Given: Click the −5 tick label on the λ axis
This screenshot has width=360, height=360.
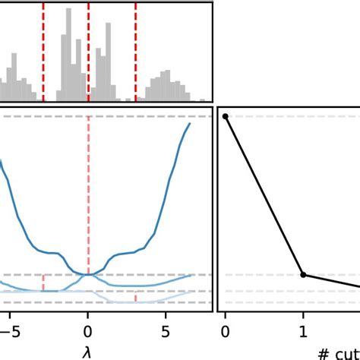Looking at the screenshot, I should [x=8, y=330].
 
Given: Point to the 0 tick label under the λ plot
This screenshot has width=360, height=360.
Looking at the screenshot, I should [x=88, y=330].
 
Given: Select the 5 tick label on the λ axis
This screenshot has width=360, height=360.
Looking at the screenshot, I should [x=166, y=330].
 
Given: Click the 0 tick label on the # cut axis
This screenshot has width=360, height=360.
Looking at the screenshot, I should [x=225, y=330].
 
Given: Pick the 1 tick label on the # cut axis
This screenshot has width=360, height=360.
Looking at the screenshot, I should [x=303, y=330].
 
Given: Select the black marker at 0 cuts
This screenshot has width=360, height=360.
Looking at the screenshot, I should [x=225, y=116].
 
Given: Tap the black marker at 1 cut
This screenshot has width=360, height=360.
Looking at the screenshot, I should [x=303, y=274].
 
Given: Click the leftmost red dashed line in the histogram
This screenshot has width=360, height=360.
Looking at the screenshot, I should [x=43, y=53].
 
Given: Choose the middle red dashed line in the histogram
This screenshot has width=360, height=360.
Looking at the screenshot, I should [x=89, y=53].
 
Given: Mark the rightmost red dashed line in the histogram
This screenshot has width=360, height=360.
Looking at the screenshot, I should [x=136, y=53].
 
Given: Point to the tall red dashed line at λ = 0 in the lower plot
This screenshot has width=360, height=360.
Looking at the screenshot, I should [x=89, y=190].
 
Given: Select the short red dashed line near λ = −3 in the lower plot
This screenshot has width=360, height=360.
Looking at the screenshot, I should [x=43, y=283].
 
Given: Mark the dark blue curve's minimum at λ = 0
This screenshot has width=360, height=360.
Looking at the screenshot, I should [x=88, y=273].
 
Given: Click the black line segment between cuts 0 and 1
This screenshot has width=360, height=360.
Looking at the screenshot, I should [x=264, y=195].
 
